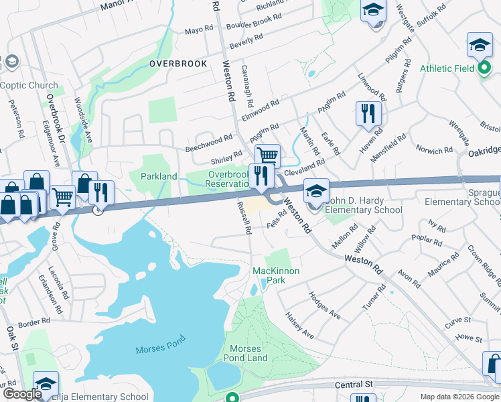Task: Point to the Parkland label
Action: tap(159, 176)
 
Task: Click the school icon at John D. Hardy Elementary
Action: tap(316, 192)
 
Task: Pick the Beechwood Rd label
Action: tap(208, 143)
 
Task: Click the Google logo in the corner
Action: tap(22, 395)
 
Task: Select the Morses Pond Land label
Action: tap(249, 353)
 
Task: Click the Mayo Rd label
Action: tap(198, 31)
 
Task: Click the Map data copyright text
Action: tap(459, 397)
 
